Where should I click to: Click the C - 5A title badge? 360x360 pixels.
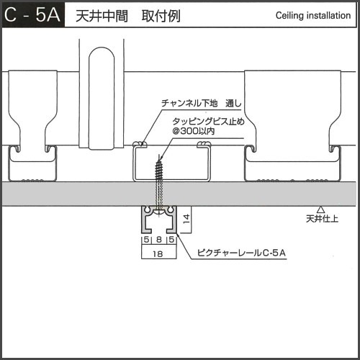33,15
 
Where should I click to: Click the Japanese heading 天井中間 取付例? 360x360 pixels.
128,16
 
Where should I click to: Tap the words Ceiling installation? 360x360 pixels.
313,16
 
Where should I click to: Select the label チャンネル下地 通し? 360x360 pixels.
201,103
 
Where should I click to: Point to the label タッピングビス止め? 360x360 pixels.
208,121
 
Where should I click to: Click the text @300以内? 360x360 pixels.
193,131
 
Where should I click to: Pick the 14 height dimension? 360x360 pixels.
186,219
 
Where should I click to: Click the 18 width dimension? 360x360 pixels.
158,254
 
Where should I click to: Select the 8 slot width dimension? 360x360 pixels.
159,239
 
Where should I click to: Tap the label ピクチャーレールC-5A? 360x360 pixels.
241,253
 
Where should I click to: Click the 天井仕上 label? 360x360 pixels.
322,219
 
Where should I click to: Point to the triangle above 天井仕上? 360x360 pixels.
320,210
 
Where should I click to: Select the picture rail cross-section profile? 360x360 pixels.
159,220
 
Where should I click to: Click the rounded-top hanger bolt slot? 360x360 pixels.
102,99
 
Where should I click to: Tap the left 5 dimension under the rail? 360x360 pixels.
146,239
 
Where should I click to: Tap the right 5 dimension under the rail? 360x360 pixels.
171,239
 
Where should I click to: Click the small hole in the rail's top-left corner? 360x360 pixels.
147,210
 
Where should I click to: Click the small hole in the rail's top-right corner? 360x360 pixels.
171,210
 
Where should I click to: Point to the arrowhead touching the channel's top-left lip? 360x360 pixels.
143,144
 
